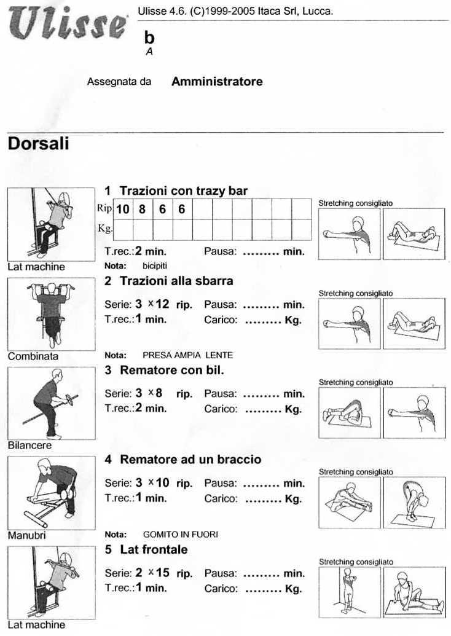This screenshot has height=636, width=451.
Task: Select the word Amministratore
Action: tap(217, 81)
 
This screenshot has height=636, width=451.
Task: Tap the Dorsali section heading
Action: tap(38, 144)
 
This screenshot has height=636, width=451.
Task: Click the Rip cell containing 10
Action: tap(123, 209)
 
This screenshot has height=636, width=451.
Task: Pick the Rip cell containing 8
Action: tap(143, 209)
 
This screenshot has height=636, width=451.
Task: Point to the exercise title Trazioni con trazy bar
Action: tap(184, 190)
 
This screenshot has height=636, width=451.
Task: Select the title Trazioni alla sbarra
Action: tap(176, 281)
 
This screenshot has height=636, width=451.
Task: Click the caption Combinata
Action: tap(33, 356)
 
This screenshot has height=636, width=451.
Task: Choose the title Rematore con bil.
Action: tap(172, 370)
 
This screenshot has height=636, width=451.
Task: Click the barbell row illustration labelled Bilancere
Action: tap(51, 403)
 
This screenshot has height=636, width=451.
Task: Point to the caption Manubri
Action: tap(27, 535)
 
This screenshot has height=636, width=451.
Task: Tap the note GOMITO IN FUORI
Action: tap(180, 535)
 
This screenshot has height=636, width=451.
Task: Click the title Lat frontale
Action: tap(154, 549)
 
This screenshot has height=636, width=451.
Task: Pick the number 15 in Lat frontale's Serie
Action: tap(162, 573)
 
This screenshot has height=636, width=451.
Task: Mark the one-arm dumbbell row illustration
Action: tap(51, 493)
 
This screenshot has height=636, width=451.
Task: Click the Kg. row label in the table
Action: tap(104, 229)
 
